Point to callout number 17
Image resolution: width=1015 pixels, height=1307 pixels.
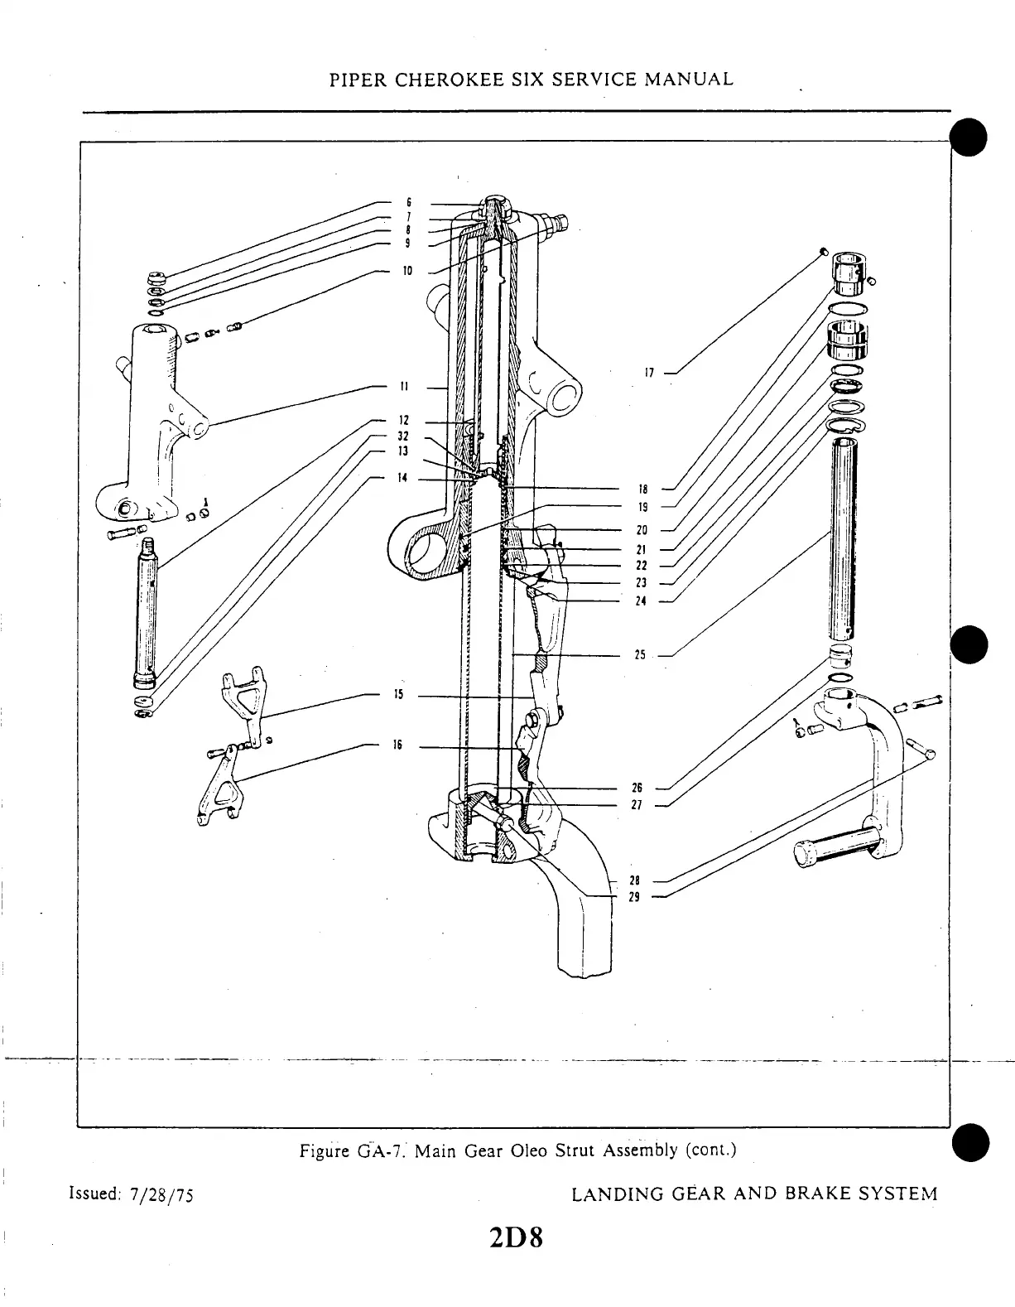[650, 373]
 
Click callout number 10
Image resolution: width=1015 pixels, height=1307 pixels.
[407, 270]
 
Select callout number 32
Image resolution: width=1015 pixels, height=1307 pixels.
[403, 436]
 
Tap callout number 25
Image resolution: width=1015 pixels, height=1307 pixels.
[639, 655]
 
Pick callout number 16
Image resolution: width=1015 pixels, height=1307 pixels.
[397, 745]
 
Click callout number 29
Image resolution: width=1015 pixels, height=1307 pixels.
[634, 896]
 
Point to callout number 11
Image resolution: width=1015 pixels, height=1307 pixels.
[404, 386]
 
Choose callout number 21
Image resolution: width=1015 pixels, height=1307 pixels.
[641, 549]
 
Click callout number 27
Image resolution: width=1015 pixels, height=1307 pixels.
[637, 804]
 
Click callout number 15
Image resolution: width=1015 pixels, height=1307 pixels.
[397, 694]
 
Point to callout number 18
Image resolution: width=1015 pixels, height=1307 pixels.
[642, 490]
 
